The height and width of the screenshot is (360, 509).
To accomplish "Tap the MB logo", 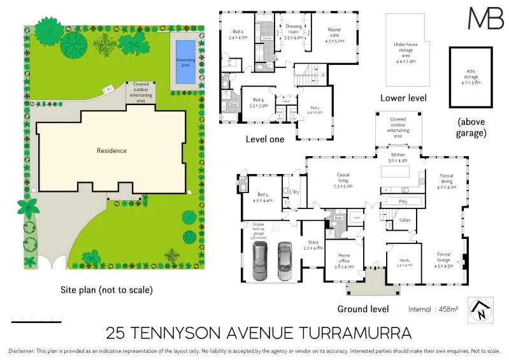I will click(485, 18).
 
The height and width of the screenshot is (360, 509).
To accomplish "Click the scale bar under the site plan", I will click(36, 320).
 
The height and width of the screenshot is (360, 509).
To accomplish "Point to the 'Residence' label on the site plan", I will click(111, 151).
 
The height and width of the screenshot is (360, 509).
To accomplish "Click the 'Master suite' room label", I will click(335, 34).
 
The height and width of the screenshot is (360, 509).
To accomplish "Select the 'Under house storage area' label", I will click(405, 54).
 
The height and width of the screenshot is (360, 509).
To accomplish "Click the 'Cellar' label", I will click(405, 220).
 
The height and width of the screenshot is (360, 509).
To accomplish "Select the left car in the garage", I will click(260, 261).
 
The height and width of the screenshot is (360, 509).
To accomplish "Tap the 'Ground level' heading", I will click(362, 309).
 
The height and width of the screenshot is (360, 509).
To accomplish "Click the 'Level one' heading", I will click(264, 138).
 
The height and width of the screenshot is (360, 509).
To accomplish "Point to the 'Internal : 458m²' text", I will click(433, 309).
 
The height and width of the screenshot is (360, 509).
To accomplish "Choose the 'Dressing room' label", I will click(294, 32).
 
